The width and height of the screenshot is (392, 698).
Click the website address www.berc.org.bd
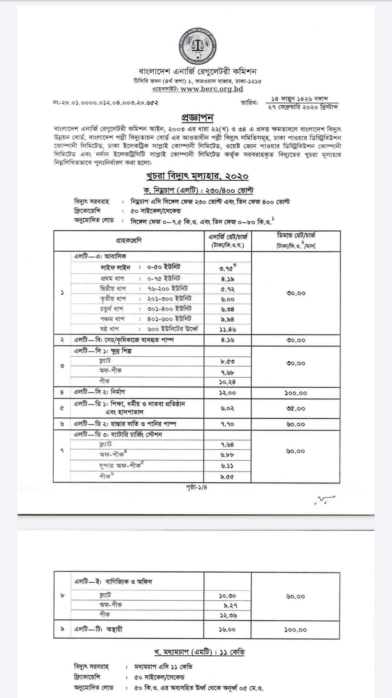point(212,89)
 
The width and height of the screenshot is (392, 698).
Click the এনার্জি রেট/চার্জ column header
point(228,241)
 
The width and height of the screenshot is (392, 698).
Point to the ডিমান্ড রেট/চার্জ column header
point(296,240)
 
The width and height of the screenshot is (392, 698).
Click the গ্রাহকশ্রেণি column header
point(129,240)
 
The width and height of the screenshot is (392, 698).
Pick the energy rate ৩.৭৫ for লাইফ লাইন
point(228,269)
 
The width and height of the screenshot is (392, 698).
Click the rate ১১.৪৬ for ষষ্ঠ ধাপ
point(228,330)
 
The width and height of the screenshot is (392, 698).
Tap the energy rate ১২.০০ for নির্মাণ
point(228,393)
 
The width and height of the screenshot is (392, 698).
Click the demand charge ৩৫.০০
point(296,408)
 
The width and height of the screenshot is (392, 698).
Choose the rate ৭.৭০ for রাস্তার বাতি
point(228,424)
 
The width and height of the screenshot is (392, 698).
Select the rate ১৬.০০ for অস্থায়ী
point(228,629)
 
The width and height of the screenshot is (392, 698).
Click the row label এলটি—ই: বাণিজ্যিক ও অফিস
point(113,582)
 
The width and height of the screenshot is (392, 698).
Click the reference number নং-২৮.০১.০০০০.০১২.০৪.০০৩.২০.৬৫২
point(105,103)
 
